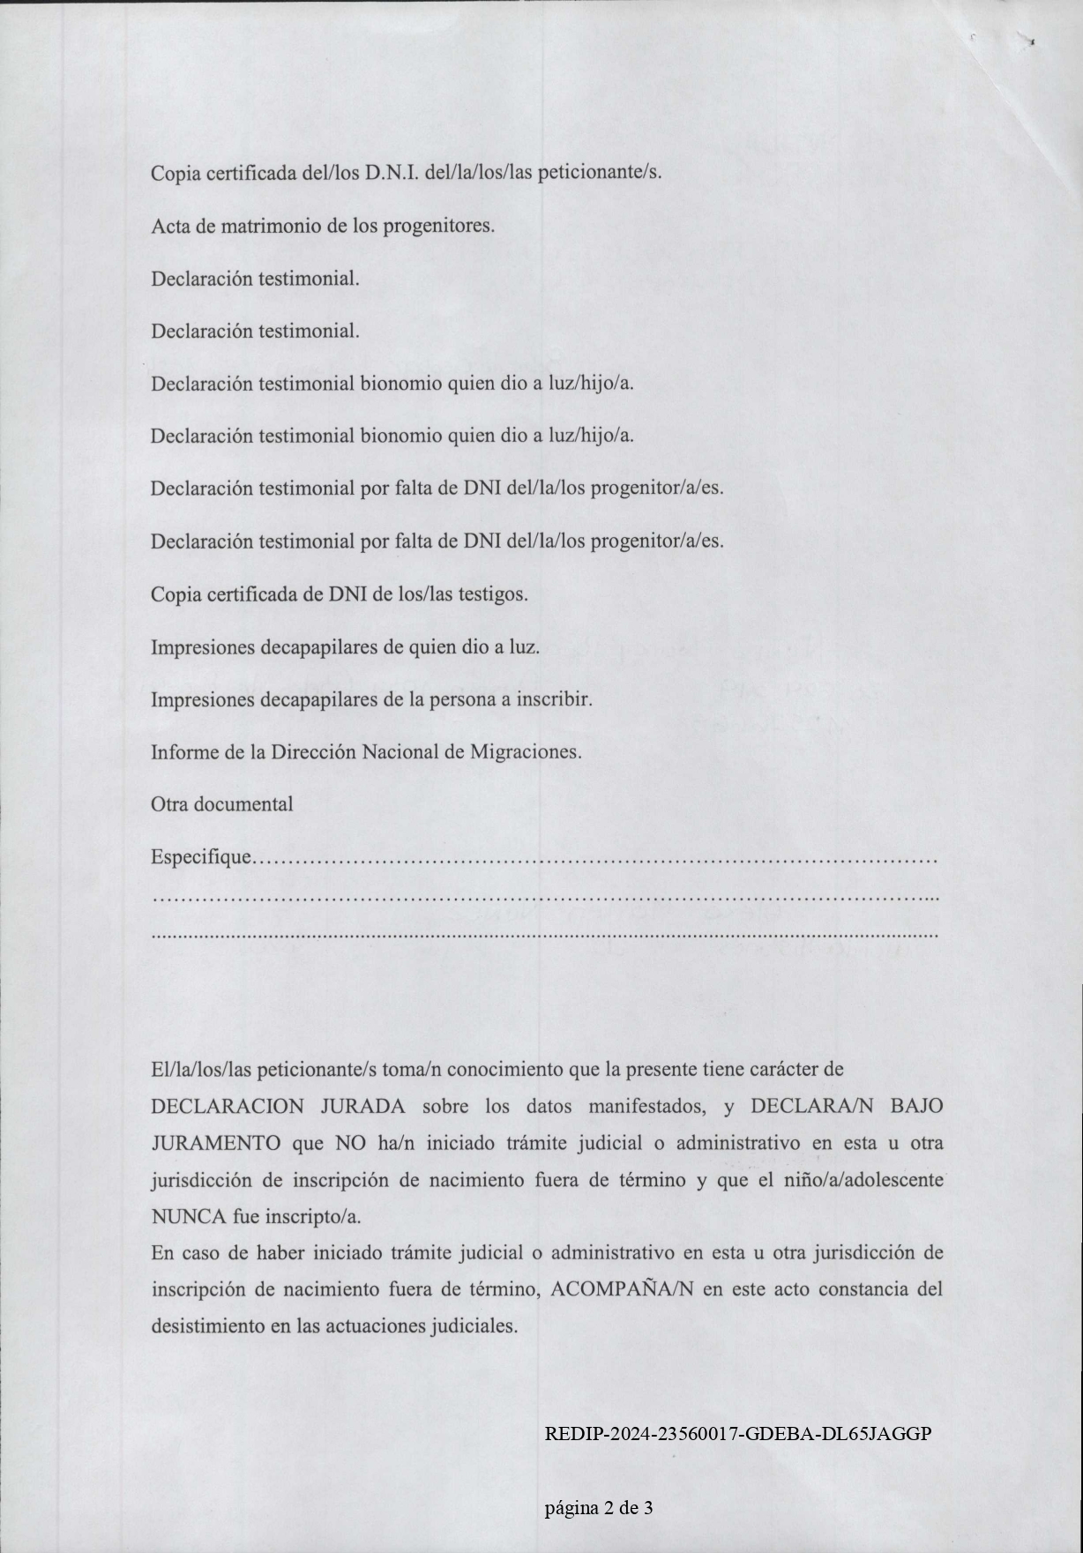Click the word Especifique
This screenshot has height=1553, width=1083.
coord(201,857)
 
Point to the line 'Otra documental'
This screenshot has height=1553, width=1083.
coord(222,804)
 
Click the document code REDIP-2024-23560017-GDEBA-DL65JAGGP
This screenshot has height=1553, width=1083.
coord(738,1434)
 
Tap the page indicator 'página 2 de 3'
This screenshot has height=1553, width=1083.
coord(599,1507)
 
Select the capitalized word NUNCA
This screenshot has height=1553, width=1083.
coord(190,1217)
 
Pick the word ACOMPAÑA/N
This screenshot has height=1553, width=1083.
coord(623,1289)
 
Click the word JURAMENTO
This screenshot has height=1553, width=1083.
coord(216,1144)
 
